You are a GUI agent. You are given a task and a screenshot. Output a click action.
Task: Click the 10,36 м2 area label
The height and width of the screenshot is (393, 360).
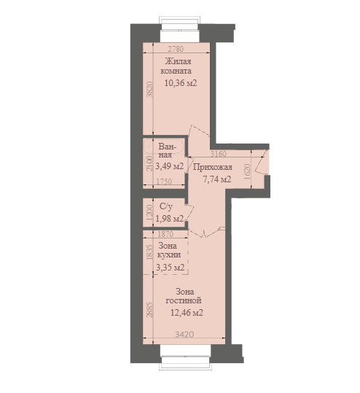(x=181, y=83)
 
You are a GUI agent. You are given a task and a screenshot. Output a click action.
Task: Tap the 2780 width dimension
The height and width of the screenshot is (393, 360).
(x=176, y=49)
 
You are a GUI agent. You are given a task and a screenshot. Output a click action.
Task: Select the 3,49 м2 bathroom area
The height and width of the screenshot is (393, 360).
(x=170, y=166)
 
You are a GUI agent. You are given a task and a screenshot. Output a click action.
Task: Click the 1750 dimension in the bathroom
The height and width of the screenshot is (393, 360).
(x=164, y=182)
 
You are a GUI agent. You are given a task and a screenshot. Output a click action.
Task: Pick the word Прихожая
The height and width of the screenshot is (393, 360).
(x=213, y=167)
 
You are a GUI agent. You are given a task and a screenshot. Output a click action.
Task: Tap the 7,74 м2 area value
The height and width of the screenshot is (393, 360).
(x=216, y=179)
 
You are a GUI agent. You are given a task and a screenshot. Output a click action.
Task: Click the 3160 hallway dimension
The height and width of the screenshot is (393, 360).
(x=218, y=154)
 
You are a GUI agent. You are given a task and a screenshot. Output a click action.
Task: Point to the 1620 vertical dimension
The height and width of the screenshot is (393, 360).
(x=247, y=171)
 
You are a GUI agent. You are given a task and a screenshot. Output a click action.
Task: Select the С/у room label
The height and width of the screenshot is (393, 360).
(x=166, y=206)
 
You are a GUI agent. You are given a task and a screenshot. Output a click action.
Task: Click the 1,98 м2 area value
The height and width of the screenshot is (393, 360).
(x=170, y=219)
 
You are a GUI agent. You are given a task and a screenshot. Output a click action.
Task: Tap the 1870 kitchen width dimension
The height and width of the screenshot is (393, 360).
(x=165, y=234)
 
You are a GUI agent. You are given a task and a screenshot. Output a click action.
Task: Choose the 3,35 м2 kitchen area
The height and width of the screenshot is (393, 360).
(x=171, y=268)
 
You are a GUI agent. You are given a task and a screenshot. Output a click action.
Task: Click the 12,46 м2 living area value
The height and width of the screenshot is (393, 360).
(x=187, y=313)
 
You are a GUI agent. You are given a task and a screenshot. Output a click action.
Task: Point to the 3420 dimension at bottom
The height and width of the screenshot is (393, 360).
(x=184, y=334)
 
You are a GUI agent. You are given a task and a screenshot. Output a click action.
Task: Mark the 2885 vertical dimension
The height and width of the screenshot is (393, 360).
(x=149, y=311)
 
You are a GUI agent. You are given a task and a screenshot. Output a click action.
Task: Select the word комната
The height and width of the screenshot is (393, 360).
(x=176, y=71)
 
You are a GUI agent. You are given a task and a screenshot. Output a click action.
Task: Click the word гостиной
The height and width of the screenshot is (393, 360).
(x=184, y=300)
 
